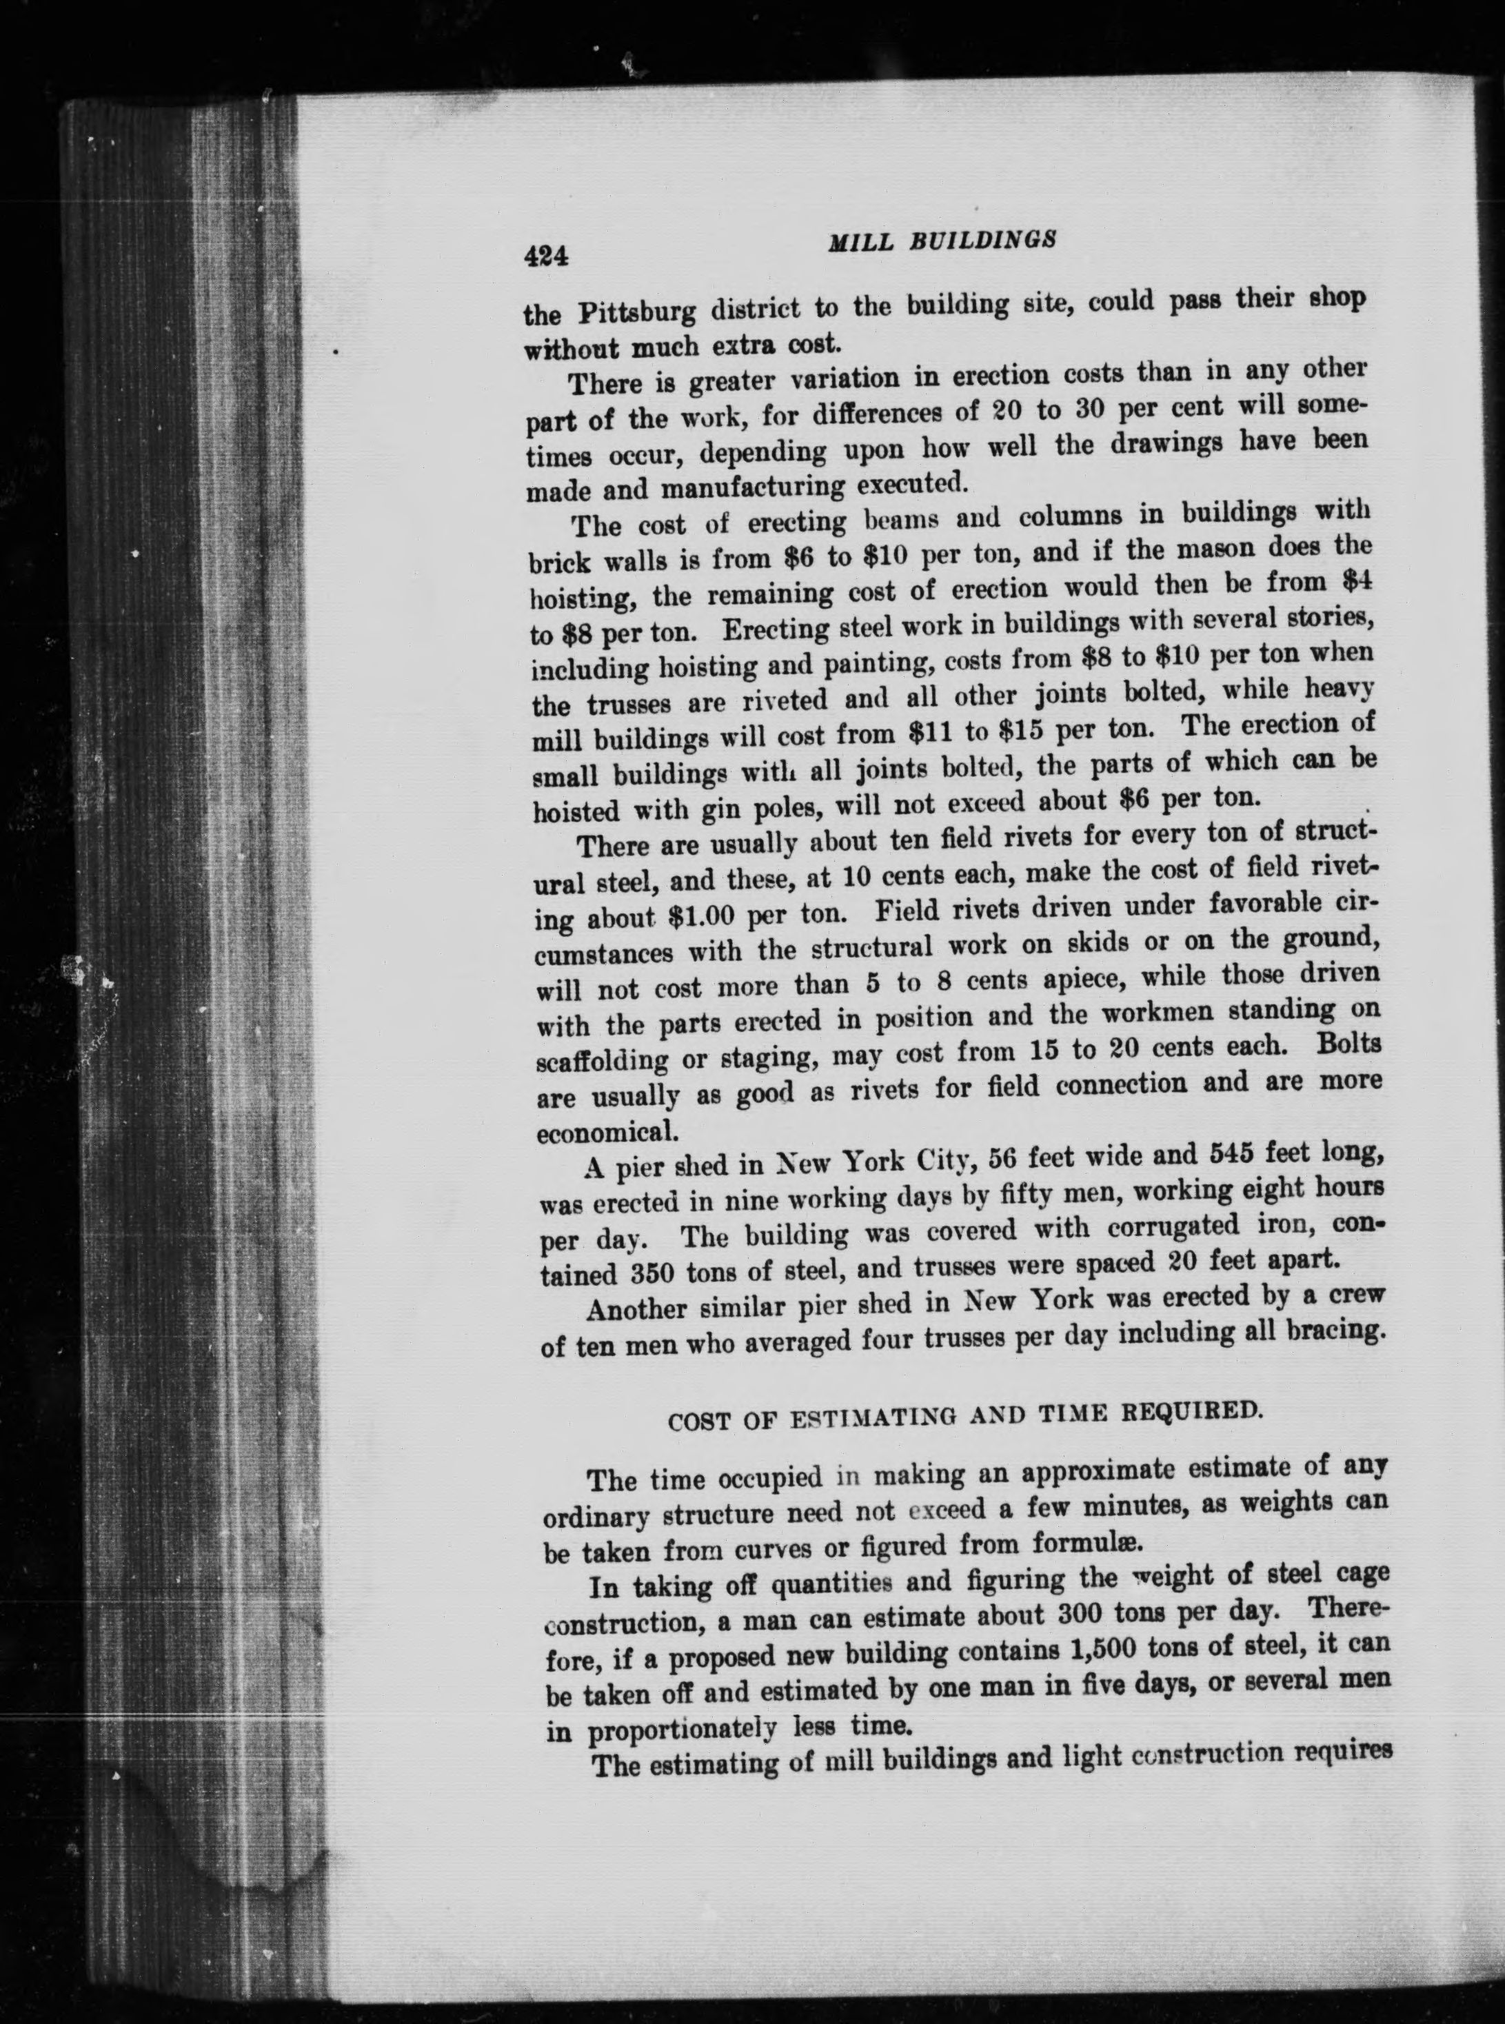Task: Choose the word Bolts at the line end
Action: coord(1347,1046)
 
